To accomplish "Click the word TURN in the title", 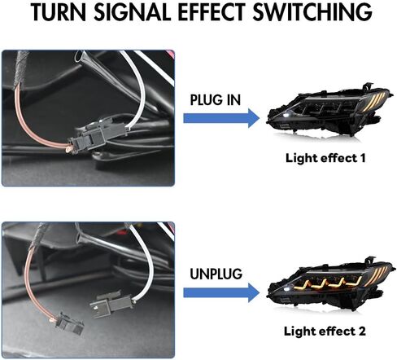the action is (x=59, y=12).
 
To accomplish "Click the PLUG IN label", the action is (x=216, y=100).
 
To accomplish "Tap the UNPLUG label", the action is (x=216, y=274).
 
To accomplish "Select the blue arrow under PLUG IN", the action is (x=221, y=118).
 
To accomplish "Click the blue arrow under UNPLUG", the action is (x=221, y=292).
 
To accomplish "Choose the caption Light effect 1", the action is (x=325, y=158).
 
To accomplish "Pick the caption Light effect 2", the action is (x=325, y=331).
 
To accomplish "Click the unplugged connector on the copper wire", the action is (x=69, y=323).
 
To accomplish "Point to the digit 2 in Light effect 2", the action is (x=362, y=331).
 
